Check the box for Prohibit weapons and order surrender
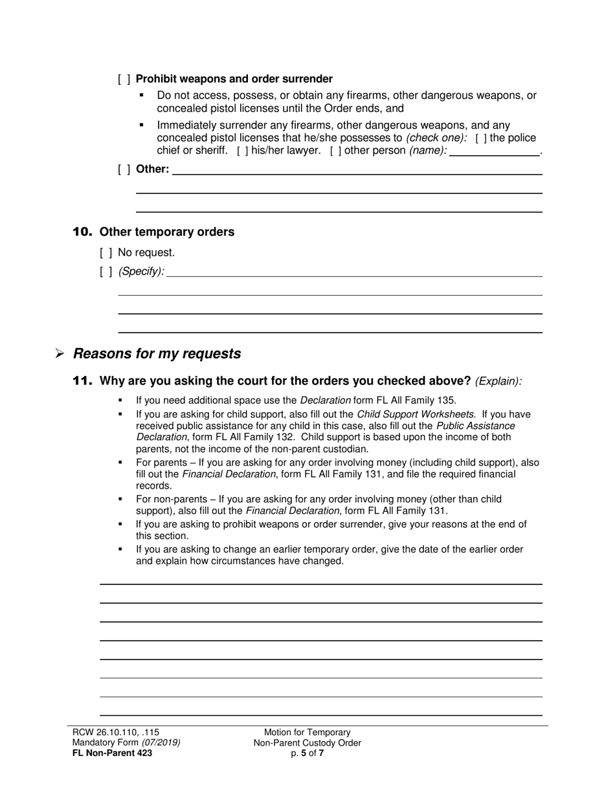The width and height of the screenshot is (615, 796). (124, 79)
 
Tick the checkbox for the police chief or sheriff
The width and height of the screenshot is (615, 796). (481, 138)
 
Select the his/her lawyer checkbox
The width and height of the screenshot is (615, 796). (243, 151)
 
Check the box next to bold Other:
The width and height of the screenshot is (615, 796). (124, 170)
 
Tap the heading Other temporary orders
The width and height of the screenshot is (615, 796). (167, 232)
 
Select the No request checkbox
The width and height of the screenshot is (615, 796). (106, 252)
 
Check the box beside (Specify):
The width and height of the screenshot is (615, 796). (106, 271)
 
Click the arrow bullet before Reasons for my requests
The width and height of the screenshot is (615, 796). (60, 354)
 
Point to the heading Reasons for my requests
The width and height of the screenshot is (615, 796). (157, 353)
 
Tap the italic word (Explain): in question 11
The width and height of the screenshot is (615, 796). (498, 381)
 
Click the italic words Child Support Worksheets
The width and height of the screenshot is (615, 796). (415, 414)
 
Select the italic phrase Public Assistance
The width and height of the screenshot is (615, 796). (475, 426)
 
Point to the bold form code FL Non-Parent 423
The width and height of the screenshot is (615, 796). (112, 753)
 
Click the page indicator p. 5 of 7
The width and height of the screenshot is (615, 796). (307, 753)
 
